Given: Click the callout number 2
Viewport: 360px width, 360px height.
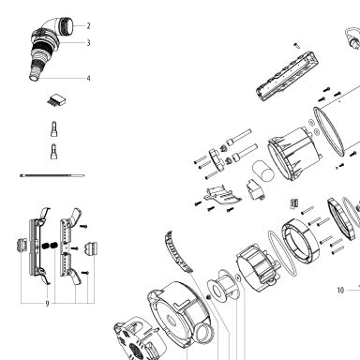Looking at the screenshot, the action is click(88, 26).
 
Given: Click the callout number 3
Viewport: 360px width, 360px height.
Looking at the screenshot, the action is click(88, 43).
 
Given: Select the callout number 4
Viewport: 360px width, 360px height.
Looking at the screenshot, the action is click(88, 78).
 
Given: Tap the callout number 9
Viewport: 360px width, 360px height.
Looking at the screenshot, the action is click(47, 304).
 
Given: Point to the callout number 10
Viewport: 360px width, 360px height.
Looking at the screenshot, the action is click(340, 291).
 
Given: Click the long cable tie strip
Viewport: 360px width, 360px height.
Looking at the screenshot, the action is click(52, 175).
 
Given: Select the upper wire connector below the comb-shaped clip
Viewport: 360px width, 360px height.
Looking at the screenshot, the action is click(54, 129).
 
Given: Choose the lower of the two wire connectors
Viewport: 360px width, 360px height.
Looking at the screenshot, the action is click(54, 152).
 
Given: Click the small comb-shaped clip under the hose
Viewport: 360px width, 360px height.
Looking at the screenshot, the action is click(57, 99).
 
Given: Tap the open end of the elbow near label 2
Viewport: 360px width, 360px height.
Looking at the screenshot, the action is click(68, 25).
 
